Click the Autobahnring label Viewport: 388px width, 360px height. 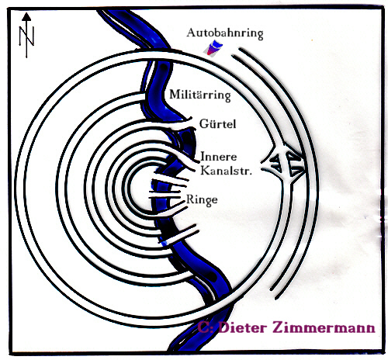[x=225, y=33]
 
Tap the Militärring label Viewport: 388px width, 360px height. [x=200, y=95]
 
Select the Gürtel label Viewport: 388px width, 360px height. [x=218, y=124]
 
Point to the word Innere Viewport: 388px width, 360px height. [x=219, y=157]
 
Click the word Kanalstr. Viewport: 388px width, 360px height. [x=226, y=171]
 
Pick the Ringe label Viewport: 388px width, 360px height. [x=202, y=199]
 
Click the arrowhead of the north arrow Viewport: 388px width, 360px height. [x=26, y=16]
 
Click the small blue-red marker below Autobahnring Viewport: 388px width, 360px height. [x=213, y=49]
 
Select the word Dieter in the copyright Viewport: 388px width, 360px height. [x=243, y=328]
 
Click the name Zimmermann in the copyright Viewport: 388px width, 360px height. [x=324, y=328]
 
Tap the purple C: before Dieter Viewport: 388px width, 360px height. [x=206, y=328]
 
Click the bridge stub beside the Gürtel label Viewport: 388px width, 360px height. [x=181, y=123]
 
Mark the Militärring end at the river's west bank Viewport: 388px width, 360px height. [x=142, y=98]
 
